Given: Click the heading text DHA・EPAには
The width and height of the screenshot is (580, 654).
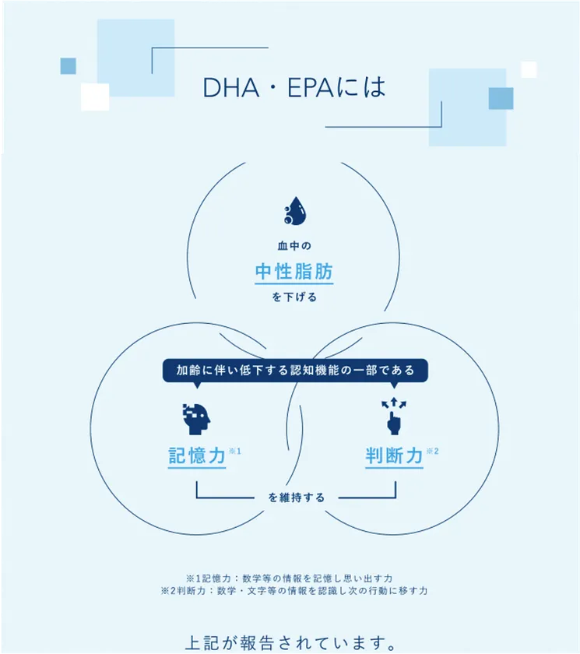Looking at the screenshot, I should point(294,87).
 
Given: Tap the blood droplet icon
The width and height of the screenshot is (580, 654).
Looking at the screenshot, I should point(294,210).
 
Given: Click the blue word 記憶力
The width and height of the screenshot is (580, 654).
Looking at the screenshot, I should point(197,455).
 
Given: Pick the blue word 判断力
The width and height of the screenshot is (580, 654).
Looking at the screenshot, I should point(394,455).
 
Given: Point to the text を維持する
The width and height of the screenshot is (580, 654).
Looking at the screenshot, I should point(296,497).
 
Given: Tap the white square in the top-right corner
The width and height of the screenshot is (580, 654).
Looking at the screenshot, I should point(529,69).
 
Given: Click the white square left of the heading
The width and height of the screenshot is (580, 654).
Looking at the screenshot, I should point(95,97).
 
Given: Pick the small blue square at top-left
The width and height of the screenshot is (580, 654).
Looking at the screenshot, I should point(68,66).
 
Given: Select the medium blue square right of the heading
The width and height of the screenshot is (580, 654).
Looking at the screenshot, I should point(501,98).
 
